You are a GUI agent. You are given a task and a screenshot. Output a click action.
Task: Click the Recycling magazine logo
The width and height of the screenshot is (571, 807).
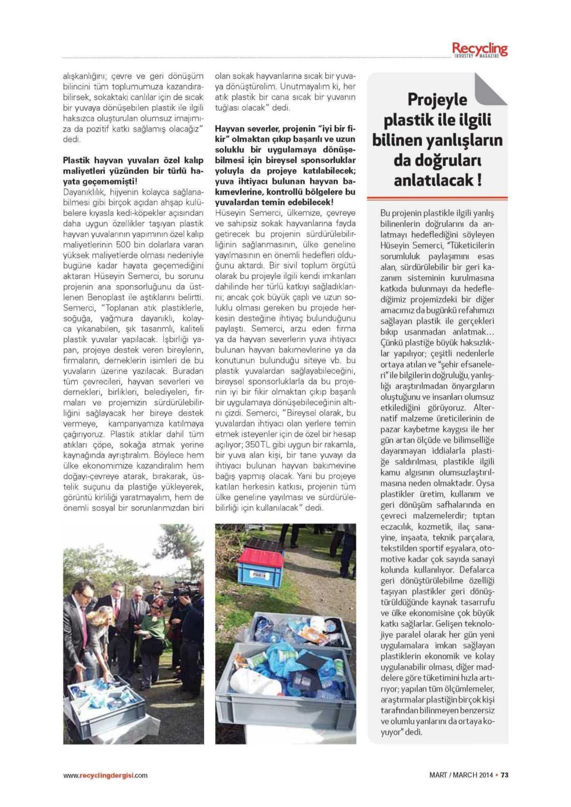480,49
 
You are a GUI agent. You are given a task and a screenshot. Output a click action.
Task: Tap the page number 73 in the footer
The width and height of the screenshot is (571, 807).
504,775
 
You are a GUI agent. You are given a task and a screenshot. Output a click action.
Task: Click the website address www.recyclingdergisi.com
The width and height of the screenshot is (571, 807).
105,775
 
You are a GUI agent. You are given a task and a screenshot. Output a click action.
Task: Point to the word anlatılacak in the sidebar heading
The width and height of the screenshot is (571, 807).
432,180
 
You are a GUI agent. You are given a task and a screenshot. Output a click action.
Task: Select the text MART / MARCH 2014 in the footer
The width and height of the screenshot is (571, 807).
461,775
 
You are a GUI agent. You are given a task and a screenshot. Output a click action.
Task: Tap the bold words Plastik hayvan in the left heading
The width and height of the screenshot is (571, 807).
90,161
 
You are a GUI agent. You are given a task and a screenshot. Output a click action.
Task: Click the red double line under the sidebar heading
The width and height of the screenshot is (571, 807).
437,199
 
